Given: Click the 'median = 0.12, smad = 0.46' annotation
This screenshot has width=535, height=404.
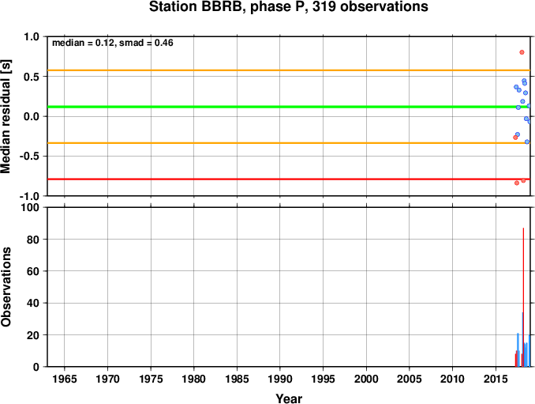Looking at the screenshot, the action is [x=113, y=43].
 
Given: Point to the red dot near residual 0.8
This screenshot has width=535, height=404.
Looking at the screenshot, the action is [x=522, y=52].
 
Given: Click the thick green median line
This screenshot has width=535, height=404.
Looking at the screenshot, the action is [x=289, y=107].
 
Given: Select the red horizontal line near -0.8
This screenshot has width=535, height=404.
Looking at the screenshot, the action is [x=289, y=179].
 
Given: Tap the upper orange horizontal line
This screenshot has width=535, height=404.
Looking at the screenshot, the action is [x=289, y=70].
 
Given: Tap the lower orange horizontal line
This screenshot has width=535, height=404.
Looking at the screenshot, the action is [x=289, y=143].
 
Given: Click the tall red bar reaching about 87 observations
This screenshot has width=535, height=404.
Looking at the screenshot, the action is [x=523, y=297].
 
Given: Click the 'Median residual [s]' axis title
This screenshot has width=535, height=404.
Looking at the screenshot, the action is [x=6, y=116].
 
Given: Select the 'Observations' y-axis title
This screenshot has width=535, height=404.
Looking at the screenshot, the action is [x=6, y=287].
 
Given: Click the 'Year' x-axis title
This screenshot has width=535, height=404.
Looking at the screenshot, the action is [x=289, y=398].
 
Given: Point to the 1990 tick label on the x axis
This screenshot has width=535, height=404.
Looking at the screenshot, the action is [x=280, y=379].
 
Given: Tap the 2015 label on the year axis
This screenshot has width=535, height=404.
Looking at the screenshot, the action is [x=496, y=379].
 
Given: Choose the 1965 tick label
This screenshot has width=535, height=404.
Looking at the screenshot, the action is [x=65, y=379].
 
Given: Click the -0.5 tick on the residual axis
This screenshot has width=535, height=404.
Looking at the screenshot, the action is [x=29, y=157].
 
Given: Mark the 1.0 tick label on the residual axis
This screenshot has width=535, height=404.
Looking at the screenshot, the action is [x=32, y=36].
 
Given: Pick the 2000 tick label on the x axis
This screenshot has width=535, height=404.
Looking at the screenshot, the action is [x=366, y=379].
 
